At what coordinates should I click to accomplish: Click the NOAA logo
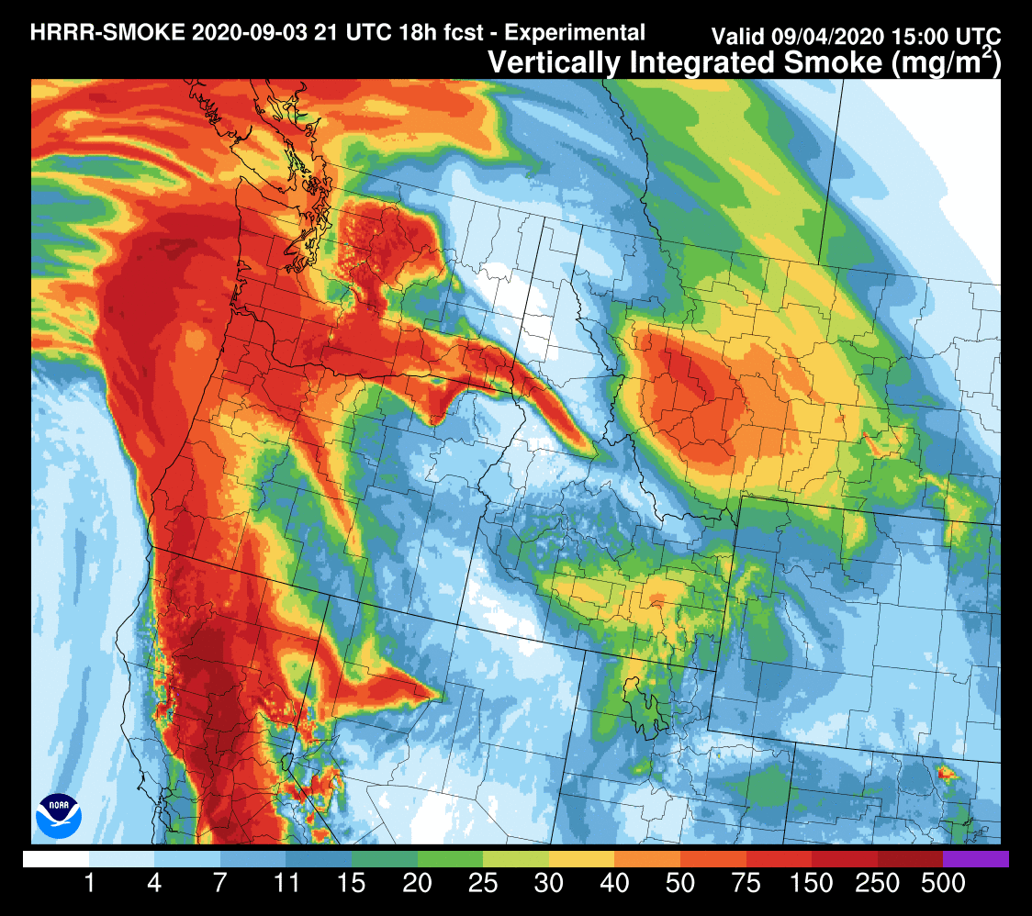click(59, 815)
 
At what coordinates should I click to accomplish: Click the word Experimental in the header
click(576, 33)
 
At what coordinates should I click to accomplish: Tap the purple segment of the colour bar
click(975, 859)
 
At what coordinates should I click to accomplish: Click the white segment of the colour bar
click(56, 859)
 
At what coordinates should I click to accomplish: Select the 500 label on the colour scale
click(943, 884)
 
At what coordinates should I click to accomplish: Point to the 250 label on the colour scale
click(877, 884)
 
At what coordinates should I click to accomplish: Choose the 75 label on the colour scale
click(746, 884)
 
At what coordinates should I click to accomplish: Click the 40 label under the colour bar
click(614, 884)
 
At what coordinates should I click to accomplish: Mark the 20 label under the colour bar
click(417, 884)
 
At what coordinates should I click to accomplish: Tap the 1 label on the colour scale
click(89, 884)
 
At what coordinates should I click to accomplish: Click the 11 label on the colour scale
click(286, 884)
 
